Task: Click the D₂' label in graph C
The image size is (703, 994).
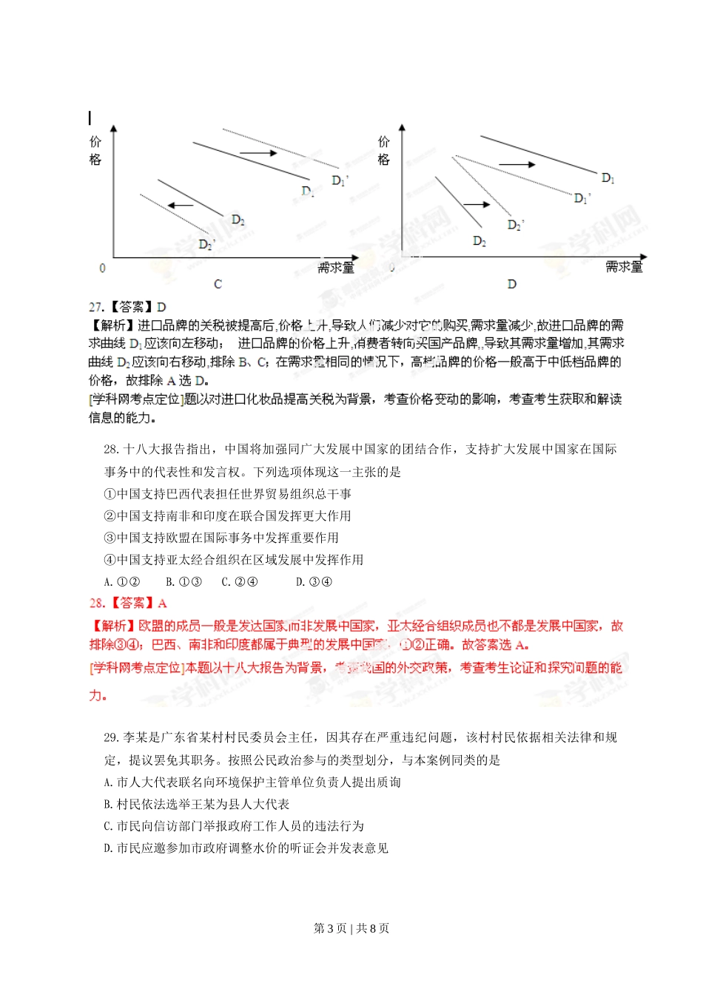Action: point(207,243)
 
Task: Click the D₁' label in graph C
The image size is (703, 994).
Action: point(340,180)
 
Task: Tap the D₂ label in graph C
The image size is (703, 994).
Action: point(238,220)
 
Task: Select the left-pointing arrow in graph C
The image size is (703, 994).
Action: point(180,206)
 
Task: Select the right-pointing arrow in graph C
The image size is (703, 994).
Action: point(258,153)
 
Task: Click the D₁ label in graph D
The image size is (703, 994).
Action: point(608,178)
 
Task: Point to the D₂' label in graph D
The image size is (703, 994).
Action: point(516,225)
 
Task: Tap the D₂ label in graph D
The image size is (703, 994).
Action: point(480,241)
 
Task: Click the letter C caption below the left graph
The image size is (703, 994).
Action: point(218,284)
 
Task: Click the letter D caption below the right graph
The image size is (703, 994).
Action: point(511,284)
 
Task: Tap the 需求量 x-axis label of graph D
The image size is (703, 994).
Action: point(624,266)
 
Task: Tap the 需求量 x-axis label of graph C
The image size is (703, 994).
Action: point(336,267)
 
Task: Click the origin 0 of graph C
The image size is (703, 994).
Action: point(102,268)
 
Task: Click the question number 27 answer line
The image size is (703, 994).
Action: point(127,307)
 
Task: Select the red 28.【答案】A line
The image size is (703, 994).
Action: point(128,603)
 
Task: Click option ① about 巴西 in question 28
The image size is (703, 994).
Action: point(228,494)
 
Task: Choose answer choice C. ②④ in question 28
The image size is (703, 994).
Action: point(240,582)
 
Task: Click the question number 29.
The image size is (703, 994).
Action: point(111,738)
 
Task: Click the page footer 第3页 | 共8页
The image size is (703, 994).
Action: point(351,928)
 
